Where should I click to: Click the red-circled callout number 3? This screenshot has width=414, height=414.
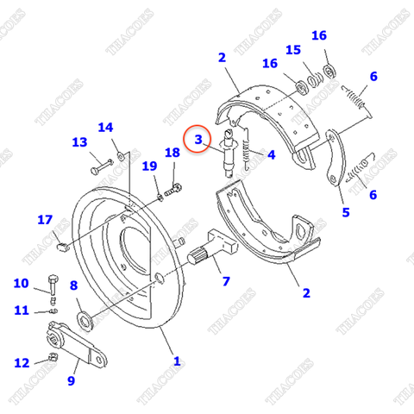point(198,139)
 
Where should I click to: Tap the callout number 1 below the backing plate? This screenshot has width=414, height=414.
point(176,361)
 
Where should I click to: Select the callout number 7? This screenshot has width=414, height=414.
point(226,281)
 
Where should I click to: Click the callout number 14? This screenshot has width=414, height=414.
point(105,128)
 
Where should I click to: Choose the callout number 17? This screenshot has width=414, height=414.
point(45,220)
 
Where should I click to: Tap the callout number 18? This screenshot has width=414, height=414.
point(172,153)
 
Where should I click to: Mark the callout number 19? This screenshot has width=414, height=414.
point(149,166)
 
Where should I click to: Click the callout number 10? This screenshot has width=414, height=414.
point(21,283)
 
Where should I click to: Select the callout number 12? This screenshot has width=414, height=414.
point(21,362)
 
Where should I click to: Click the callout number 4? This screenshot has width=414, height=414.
point(271,155)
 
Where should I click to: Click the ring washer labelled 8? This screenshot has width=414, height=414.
point(86,322)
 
